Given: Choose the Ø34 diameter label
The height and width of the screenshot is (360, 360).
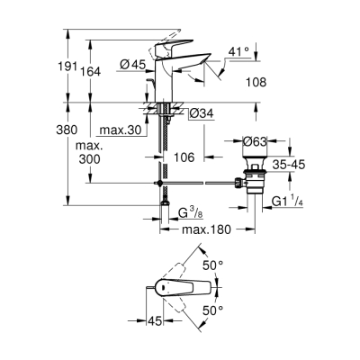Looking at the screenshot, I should point(201,113).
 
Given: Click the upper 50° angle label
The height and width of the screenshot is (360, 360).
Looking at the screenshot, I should point(238,265).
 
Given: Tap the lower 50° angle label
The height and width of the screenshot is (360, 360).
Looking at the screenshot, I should point(238,310).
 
